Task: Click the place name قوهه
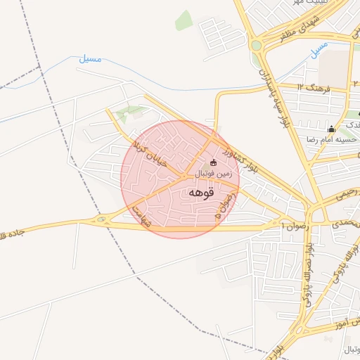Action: [x=200, y=192]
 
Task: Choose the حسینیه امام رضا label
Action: [x=330, y=139]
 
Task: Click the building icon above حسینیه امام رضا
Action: [x=331, y=129]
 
